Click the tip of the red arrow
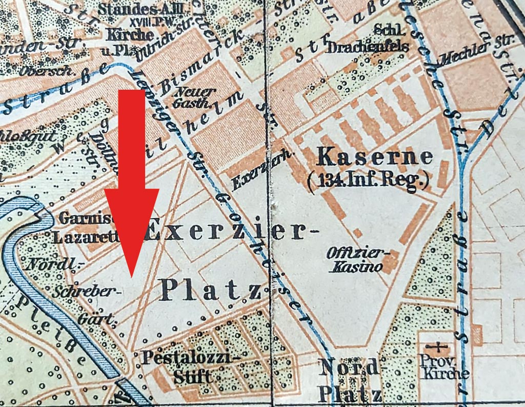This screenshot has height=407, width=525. (x=132, y=277)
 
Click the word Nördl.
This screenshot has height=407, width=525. (x=55, y=265)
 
